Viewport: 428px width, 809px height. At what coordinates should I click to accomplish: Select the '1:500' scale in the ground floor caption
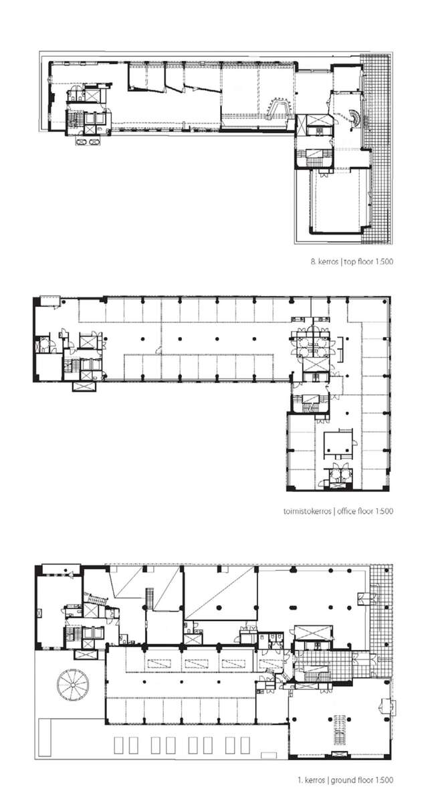pos(381,780)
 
